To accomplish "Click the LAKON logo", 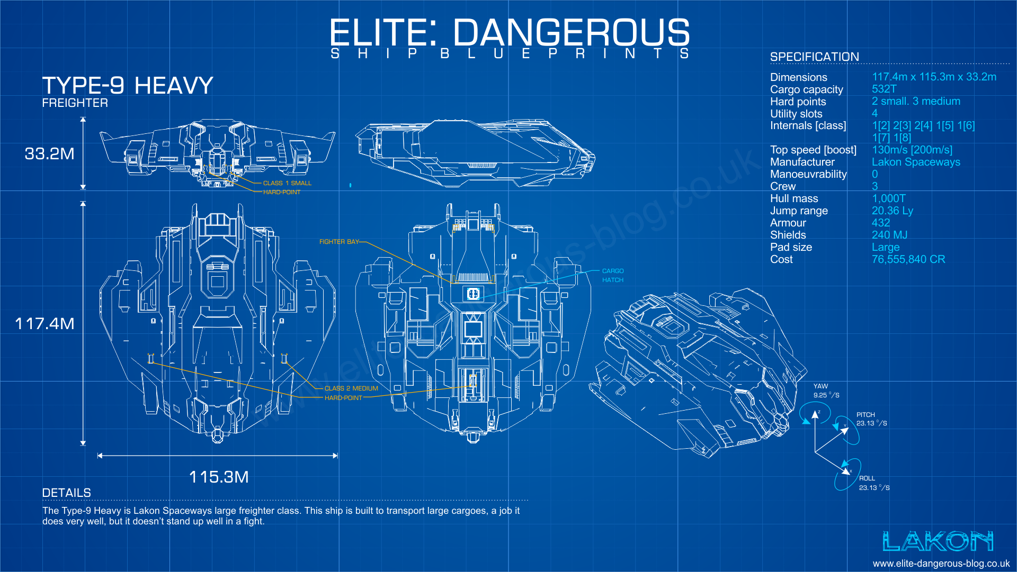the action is click(938, 541).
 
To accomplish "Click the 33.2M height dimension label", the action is click(49, 154).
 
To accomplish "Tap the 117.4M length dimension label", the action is click(44, 324).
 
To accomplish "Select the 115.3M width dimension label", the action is click(219, 477).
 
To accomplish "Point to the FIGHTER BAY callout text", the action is click(339, 242).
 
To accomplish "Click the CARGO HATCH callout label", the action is click(613, 275).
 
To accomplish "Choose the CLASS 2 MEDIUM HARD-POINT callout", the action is click(351, 393).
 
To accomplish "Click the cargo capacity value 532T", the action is click(884, 89).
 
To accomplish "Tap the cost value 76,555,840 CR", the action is click(908, 260).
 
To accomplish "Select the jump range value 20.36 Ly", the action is click(893, 211).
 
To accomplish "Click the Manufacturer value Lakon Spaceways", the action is click(916, 162).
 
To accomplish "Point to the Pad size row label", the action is click(791, 248).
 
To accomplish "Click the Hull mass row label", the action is click(794, 199).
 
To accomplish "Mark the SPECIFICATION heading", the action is click(815, 57).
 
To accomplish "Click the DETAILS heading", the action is click(66, 493).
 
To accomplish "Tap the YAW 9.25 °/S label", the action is click(826, 391).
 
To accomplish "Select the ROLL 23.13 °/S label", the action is click(874, 483).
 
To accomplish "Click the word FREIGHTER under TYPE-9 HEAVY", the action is click(75, 103).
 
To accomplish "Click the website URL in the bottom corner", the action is click(941, 564).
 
